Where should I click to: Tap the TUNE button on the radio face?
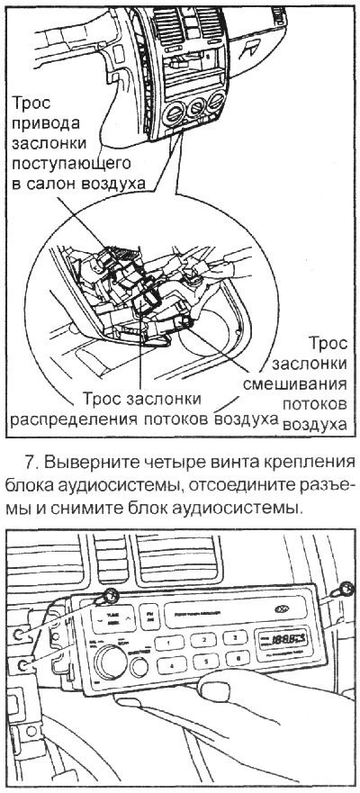pyautogui.click(x=112, y=617)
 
